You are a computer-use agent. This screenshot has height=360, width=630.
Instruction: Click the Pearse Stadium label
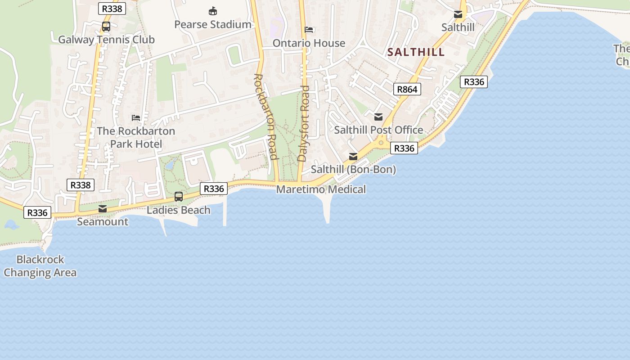212,24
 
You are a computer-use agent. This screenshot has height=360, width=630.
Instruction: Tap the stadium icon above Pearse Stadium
213,11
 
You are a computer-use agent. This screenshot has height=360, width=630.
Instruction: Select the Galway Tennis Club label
106,40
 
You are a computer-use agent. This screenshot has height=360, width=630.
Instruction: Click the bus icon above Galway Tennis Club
106,27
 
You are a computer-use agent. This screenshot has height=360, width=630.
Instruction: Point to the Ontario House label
309,43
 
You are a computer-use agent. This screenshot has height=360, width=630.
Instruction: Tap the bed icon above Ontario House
309,30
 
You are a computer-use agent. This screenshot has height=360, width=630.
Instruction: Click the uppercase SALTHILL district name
416,52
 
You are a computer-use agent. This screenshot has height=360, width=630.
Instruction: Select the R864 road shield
407,89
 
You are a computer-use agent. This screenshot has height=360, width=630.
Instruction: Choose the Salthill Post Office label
378,130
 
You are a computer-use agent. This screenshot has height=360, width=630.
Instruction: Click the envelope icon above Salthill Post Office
378,117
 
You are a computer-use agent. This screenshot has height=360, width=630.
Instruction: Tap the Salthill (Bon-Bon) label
353,170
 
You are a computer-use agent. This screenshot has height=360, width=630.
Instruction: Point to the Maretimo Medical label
321,189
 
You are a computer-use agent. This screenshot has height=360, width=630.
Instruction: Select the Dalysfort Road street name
304,123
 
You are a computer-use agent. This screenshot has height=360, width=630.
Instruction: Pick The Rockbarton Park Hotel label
136,137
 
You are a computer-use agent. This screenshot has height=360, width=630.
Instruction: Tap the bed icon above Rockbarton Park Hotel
136,118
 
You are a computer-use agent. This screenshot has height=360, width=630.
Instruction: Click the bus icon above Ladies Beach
179,197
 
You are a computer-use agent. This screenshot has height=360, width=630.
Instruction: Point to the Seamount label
103,222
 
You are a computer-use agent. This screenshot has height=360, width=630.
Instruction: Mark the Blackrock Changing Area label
40,266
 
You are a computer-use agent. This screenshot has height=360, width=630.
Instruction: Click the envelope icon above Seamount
103,209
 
